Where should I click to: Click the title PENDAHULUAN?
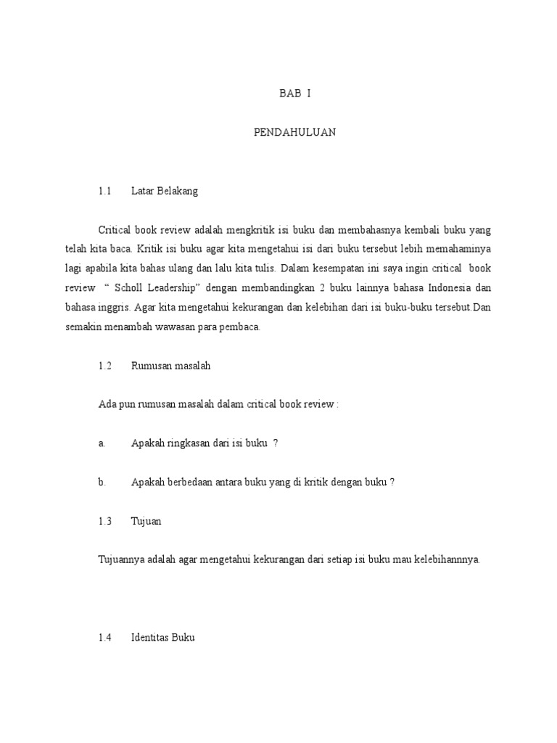pos(294,133)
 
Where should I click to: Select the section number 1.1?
pos(104,192)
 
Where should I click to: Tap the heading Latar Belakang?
pos(165,192)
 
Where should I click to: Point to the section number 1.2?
pos(105,366)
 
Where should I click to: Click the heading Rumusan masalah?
pos(170,366)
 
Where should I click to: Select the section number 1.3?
pos(105,521)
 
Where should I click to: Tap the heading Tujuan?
pos(146,521)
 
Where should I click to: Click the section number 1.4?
pos(105,638)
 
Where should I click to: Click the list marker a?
pos(102,443)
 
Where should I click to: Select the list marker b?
pos(102,482)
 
